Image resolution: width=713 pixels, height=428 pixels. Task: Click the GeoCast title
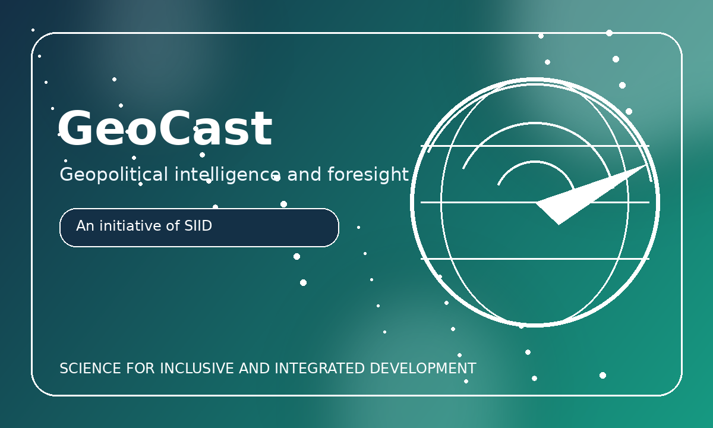165,128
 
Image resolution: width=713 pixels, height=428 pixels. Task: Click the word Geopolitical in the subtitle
113,175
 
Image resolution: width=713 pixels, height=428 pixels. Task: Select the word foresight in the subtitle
368,175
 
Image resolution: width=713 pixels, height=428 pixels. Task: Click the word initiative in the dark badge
131,226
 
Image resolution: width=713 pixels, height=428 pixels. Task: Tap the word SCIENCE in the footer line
90,369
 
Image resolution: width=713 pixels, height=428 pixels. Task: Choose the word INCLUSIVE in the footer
197,369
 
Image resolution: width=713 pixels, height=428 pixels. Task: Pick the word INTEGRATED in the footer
319,369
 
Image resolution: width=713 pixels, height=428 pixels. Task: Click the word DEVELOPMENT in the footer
423,369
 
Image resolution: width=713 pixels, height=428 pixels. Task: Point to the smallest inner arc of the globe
535,162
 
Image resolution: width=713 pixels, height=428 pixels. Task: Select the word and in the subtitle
304,175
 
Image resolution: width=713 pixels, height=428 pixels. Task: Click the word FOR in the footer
140,369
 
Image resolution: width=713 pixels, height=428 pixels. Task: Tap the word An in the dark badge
85,226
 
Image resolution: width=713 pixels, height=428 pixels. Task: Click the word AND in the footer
254,369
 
